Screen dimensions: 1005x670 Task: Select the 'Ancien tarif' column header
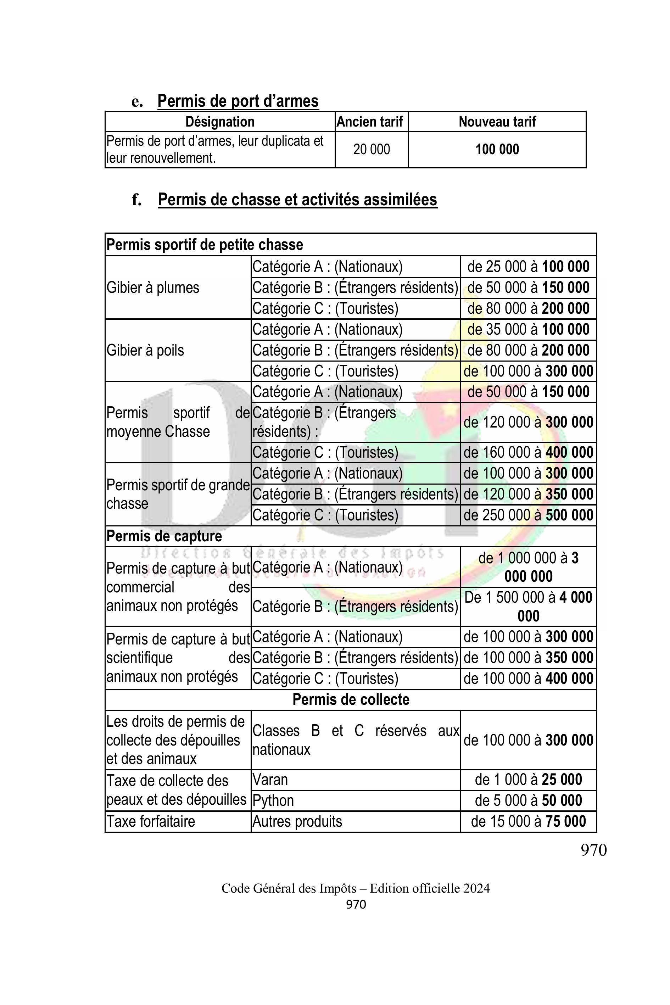click(370, 122)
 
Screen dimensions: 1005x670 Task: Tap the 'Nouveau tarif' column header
click(497, 122)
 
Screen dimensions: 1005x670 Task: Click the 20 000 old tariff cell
click(371, 150)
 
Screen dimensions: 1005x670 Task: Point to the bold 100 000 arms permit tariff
click(497, 150)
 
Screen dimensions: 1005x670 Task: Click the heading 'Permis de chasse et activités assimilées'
click(297, 200)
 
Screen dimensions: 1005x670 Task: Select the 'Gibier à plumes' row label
click(153, 287)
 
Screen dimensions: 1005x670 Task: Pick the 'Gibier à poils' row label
click(145, 350)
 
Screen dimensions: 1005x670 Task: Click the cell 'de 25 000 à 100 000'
click(528, 267)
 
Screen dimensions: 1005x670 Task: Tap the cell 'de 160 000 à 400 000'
click(528, 452)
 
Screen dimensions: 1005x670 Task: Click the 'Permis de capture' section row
click(164, 536)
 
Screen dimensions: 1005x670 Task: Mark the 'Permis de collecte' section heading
click(351, 699)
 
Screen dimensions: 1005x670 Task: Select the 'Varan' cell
click(270, 780)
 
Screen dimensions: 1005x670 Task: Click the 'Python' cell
click(273, 800)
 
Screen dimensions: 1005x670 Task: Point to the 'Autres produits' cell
click(297, 821)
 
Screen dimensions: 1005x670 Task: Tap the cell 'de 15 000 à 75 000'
click(528, 821)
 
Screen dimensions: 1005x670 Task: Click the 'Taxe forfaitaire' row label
click(151, 821)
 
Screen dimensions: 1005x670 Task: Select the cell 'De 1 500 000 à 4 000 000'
click(528, 607)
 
